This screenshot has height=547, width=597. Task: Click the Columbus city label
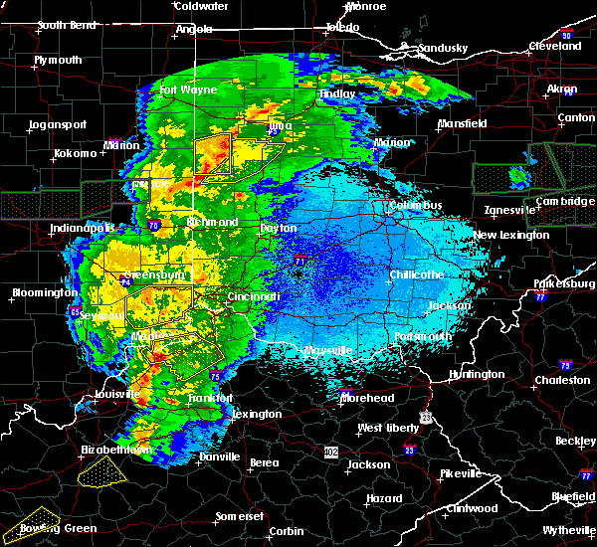click(x=417, y=206)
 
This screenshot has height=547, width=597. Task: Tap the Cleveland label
click(x=555, y=47)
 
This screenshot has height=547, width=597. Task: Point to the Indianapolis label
click(x=83, y=229)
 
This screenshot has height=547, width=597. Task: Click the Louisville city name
click(x=111, y=394)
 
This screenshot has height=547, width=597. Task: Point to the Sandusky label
click(x=442, y=48)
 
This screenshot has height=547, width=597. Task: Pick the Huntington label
click(x=477, y=374)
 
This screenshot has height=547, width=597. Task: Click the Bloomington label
click(x=44, y=293)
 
